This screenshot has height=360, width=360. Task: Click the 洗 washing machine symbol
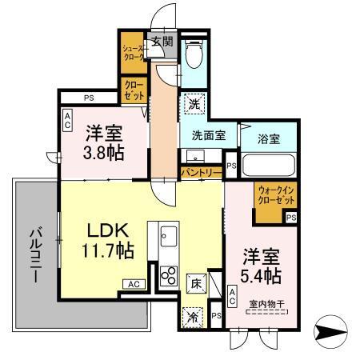(x=194, y=103)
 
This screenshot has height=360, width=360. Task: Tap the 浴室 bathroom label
(x=269, y=139)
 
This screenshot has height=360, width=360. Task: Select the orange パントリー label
(x=200, y=171)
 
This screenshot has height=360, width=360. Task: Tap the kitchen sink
(x=168, y=238)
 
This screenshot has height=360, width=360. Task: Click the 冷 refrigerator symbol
(x=193, y=318)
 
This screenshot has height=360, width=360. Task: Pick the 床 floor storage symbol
(x=195, y=282)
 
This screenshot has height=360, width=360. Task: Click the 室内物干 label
(x=266, y=303)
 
